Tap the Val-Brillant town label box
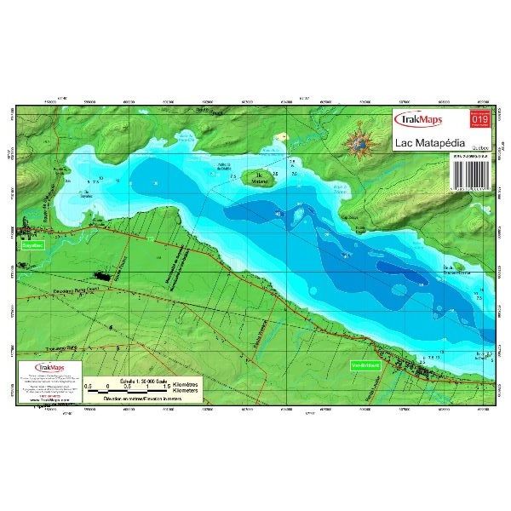(x=365, y=366)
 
